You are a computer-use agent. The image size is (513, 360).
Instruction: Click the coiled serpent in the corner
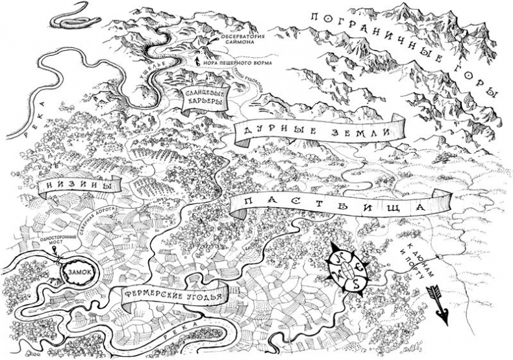(75, 18)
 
